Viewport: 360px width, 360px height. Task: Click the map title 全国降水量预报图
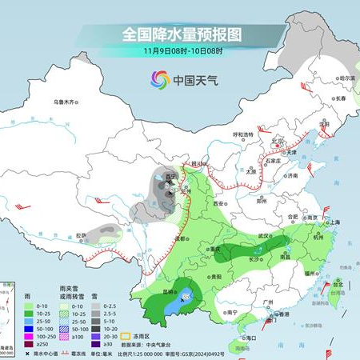[x=181, y=35]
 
